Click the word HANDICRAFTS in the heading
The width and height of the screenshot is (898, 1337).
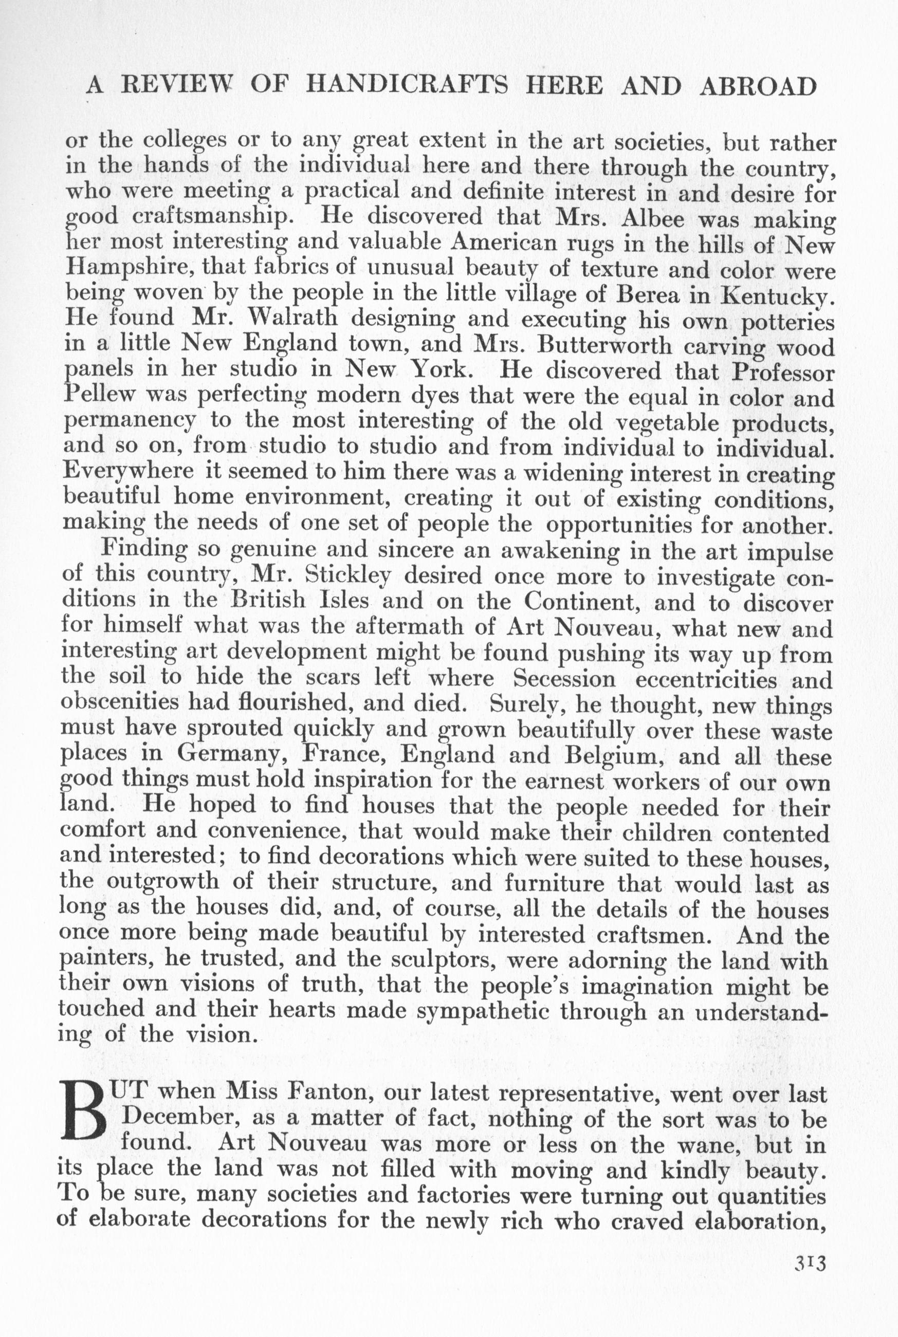point(407,86)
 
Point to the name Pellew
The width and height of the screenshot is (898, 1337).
point(100,396)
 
